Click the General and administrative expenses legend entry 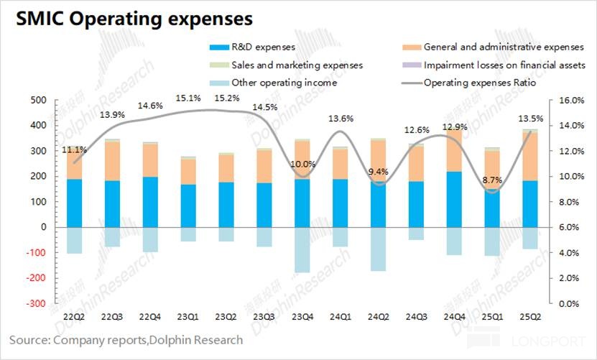point(503,47)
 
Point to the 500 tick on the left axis point(36,100)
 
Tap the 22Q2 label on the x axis point(75,316)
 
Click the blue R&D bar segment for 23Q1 point(188,206)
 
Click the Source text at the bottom point(126,340)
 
